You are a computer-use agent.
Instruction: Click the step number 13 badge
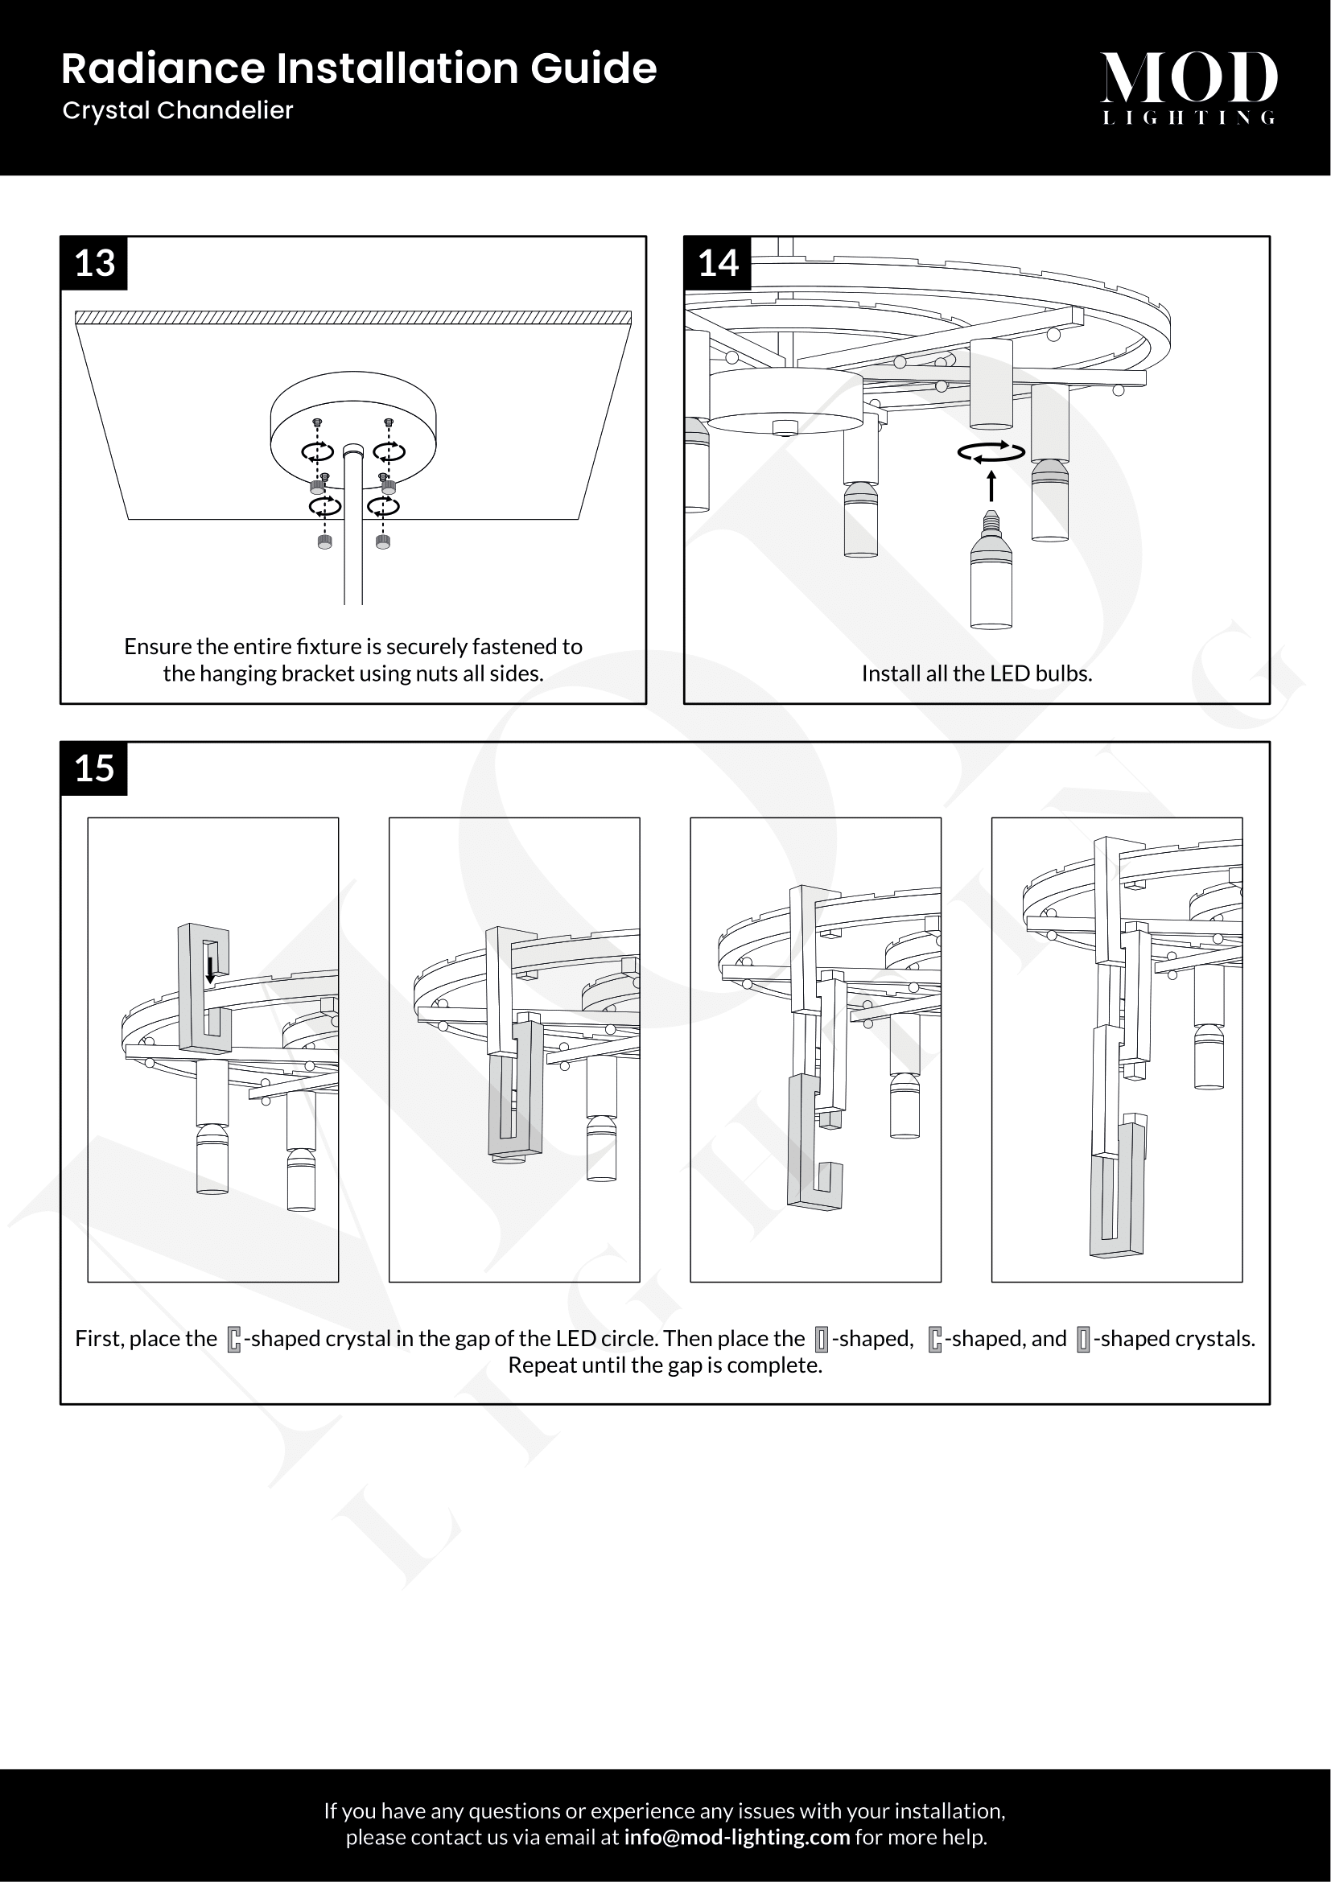coord(94,263)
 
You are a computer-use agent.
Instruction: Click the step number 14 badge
coord(718,263)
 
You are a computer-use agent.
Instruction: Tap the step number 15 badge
coord(94,769)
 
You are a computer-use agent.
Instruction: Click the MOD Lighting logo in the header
coord(1189,88)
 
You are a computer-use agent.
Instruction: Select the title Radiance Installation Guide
coord(359,68)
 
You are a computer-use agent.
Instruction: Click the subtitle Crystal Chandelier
coord(178,111)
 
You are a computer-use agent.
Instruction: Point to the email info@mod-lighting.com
coord(737,1837)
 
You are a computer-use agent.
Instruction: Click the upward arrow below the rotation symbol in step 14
coord(991,485)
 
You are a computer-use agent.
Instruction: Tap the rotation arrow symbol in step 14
coord(991,451)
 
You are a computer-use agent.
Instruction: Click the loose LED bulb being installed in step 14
coord(991,570)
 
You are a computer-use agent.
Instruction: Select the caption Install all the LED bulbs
coord(977,673)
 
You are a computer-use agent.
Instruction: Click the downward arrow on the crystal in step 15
coord(211,969)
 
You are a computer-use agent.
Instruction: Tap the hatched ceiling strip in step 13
coord(353,317)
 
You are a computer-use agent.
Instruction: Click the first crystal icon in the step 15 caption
coord(234,1340)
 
